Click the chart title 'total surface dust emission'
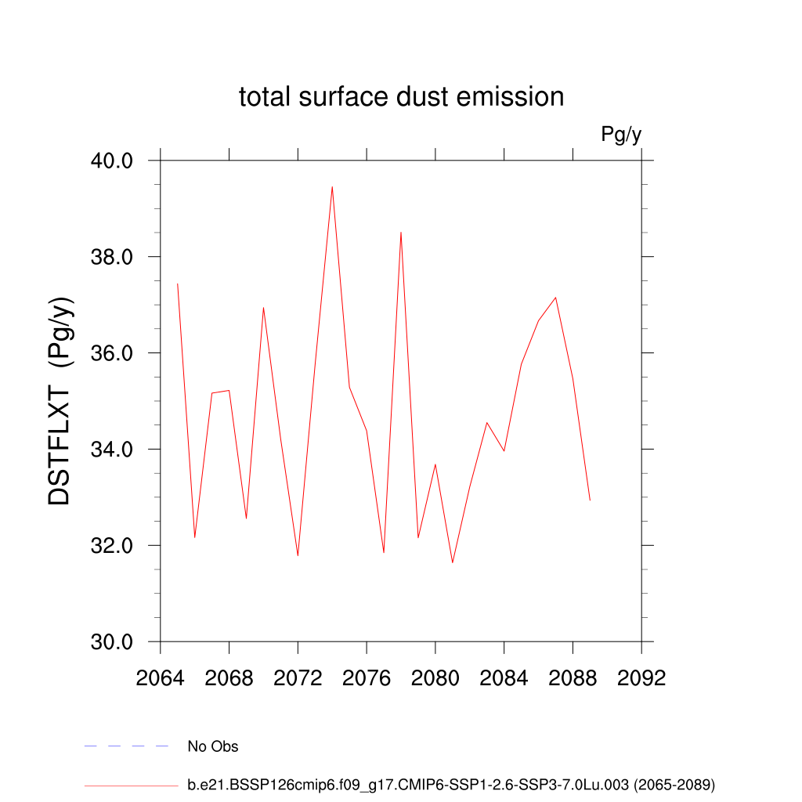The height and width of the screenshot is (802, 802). pos(401,97)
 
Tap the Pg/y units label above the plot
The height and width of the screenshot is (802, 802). pos(621,135)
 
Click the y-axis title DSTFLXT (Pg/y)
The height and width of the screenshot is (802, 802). pos(60,401)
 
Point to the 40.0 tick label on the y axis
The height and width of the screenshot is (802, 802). pos(113,161)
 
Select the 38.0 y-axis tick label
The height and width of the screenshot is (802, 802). pos(113,257)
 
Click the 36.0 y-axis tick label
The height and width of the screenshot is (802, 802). pos(113,353)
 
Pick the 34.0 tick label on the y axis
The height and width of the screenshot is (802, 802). pos(113,450)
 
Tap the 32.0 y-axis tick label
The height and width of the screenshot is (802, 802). pos(113,546)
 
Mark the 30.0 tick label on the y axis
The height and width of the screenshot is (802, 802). pos(113,642)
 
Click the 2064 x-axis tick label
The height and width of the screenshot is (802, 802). pos(161,678)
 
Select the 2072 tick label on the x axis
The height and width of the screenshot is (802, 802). pos(298,678)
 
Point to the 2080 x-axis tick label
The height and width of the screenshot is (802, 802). pos(435,678)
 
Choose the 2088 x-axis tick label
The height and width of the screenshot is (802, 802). pos(573,678)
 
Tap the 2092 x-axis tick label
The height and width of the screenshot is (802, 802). pos(641,678)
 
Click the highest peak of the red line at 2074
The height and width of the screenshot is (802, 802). pos(332,187)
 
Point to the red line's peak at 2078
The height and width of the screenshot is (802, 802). pos(401,233)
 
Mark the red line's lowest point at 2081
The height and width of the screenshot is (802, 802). pos(453,562)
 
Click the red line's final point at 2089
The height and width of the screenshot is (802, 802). pos(590,500)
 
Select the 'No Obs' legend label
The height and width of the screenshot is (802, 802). pos(213,746)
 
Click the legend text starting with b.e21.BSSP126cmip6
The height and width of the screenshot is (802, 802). pos(451,784)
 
